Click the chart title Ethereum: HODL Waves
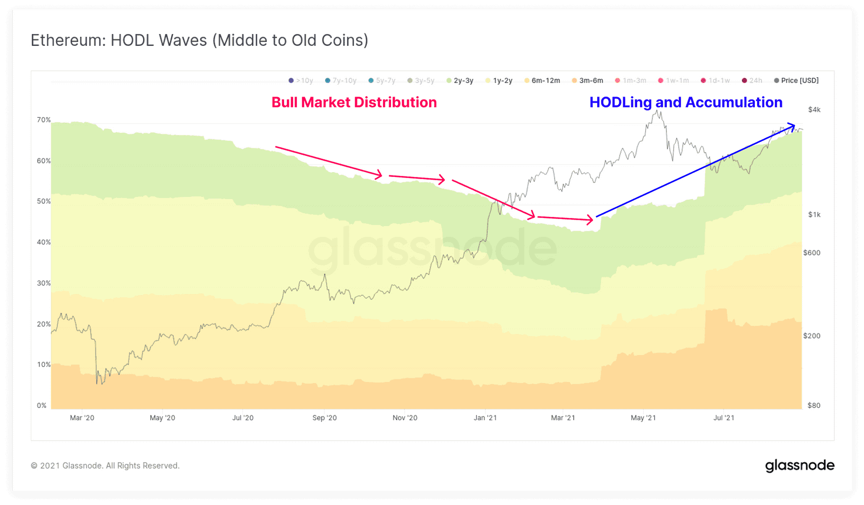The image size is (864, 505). pos(199,40)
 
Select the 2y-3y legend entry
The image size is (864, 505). pos(460,80)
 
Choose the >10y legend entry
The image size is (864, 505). pos(301,80)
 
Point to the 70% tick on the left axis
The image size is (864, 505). pos(44,120)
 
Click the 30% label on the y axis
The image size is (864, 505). pos(44,283)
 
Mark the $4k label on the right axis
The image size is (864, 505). pos(814,110)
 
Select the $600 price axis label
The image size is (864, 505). pos(812,252)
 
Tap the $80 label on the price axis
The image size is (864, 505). pos(814,405)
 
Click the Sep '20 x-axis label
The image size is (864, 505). pos(324,418)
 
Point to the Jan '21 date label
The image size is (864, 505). pos(485,418)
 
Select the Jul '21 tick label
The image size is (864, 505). pos(724,418)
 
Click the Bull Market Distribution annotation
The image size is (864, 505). pos(354,103)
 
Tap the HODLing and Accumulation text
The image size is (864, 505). pos(685,103)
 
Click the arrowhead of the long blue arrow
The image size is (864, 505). pos(792,126)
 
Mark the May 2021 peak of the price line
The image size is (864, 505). pos(657,111)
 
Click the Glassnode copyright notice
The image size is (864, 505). pos(105,466)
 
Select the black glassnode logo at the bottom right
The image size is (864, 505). pos(799,466)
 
